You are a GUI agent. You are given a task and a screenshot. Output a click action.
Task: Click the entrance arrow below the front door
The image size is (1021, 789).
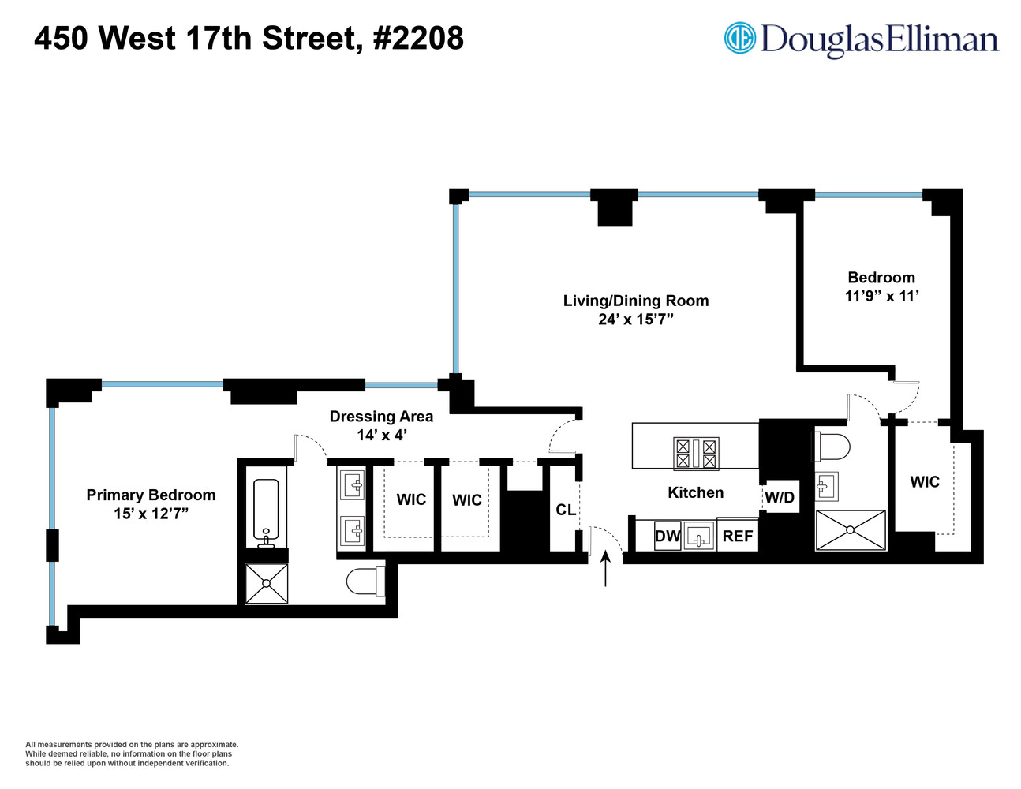[x=605, y=568]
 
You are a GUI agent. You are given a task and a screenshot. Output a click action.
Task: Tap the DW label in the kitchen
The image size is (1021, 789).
[x=667, y=537]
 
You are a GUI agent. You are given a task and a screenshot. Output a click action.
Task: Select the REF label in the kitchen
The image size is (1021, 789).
[x=738, y=537]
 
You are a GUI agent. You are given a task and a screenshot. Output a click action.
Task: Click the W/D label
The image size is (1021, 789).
[x=780, y=498]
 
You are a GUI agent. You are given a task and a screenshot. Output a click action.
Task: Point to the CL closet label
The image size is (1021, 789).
[x=566, y=510]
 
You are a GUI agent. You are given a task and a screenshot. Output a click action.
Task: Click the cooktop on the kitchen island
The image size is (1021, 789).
[x=696, y=454]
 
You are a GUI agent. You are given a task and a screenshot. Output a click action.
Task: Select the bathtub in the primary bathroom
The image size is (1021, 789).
[x=267, y=511]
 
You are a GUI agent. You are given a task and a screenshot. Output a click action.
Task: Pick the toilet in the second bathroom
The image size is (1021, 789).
[x=832, y=447]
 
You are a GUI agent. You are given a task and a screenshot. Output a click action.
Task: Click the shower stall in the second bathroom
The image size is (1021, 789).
[x=851, y=530]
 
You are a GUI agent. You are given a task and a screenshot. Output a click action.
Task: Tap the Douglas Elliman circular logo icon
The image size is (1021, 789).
[x=740, y=39]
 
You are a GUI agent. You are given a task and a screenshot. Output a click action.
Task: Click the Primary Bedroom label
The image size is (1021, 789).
[x=151, y=495]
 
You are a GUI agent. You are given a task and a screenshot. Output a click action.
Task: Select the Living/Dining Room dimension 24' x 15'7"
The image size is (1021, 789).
[x=636, y=320]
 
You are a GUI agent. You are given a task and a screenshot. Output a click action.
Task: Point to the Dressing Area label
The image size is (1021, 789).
[x=381, y=417]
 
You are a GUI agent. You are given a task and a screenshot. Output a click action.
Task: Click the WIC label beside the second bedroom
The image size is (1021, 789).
[x=925, y=482]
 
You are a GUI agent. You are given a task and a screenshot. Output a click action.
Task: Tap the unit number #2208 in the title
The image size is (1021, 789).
[x=418, y=39]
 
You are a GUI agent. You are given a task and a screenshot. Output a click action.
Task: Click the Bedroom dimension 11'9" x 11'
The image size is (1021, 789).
[x=881, y=297]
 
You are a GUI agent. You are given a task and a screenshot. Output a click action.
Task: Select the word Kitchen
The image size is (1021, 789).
[x=695, y=493]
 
